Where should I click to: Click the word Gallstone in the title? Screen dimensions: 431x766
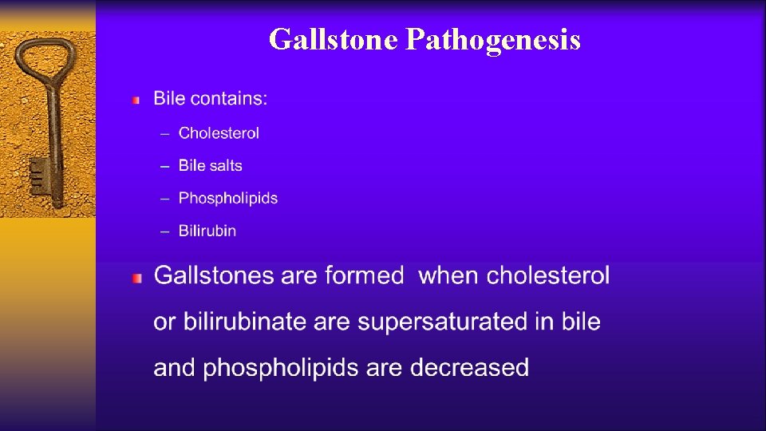pyautogui.click(x=333, y=38)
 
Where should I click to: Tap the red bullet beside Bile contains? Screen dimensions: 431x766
pyautogui.click(x=136, y=101)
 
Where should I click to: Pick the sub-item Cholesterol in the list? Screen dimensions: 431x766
pyautogui.click(x=219, y=133)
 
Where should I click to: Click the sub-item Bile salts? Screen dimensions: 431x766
pyautogui.click(x=210, y=166)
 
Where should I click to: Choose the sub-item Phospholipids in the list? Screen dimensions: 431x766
pyautogui.click(x=228, y=198)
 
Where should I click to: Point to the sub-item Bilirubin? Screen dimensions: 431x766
pyautogui.click(x=207, y=231)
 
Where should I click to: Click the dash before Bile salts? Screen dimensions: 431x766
pyautogui.click(x=164, y=166)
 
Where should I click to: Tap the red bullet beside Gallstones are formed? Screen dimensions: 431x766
pyautogui.click(x=136, y=278)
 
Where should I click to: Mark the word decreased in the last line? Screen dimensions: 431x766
pyautogui.click(x=469, y=368)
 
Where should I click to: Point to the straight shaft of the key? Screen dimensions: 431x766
pyautogui.click(x=53, y=136)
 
